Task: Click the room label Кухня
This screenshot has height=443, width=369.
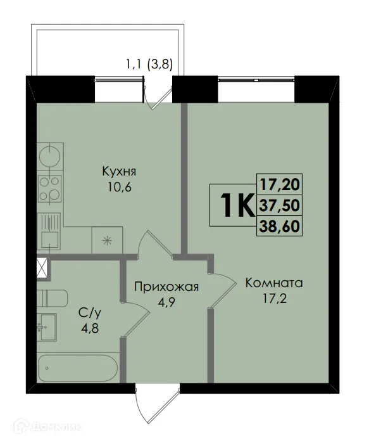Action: [x=120, y=172]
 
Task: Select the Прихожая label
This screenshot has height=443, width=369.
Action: [x=166, y=287]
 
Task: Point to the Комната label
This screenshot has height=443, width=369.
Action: [x=274, y=283]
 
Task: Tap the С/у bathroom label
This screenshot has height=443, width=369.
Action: [x=87, y=312]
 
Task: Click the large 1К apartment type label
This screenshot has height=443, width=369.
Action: [x=235, y=205]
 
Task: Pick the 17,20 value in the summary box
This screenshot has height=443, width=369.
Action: [x=279, y=185]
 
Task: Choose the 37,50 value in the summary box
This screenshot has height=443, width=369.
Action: [x=279, y=204]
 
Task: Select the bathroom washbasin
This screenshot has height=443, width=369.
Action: [x=46, y=327]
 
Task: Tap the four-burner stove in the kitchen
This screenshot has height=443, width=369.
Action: [x=49, y=188]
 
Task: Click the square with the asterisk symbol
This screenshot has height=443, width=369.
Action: [x=106, y=240]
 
